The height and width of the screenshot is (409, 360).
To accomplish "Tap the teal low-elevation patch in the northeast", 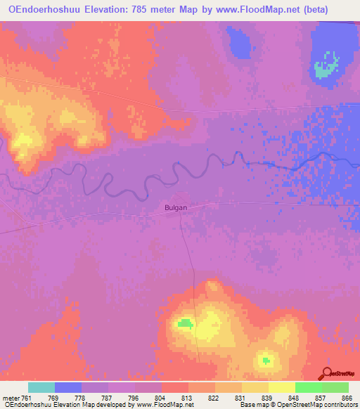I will pyautogui.click(x=325, y=67).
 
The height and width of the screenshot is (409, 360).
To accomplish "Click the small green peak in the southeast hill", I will pyautogui.click(x=265, y=361).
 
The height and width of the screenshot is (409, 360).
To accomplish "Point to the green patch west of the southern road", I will pyautogui.click(x=185, y=323).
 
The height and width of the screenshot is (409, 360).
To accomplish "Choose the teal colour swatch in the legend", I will pyautogui.click(x=41, y=387).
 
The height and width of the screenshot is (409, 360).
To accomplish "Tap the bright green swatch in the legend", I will pyautogui.click(x=308, y=387).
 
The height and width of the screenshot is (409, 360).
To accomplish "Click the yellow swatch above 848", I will pyautogui.click(x=281, y=387).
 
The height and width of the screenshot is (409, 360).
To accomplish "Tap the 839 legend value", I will pyautogui.click(x=258, y=398).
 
